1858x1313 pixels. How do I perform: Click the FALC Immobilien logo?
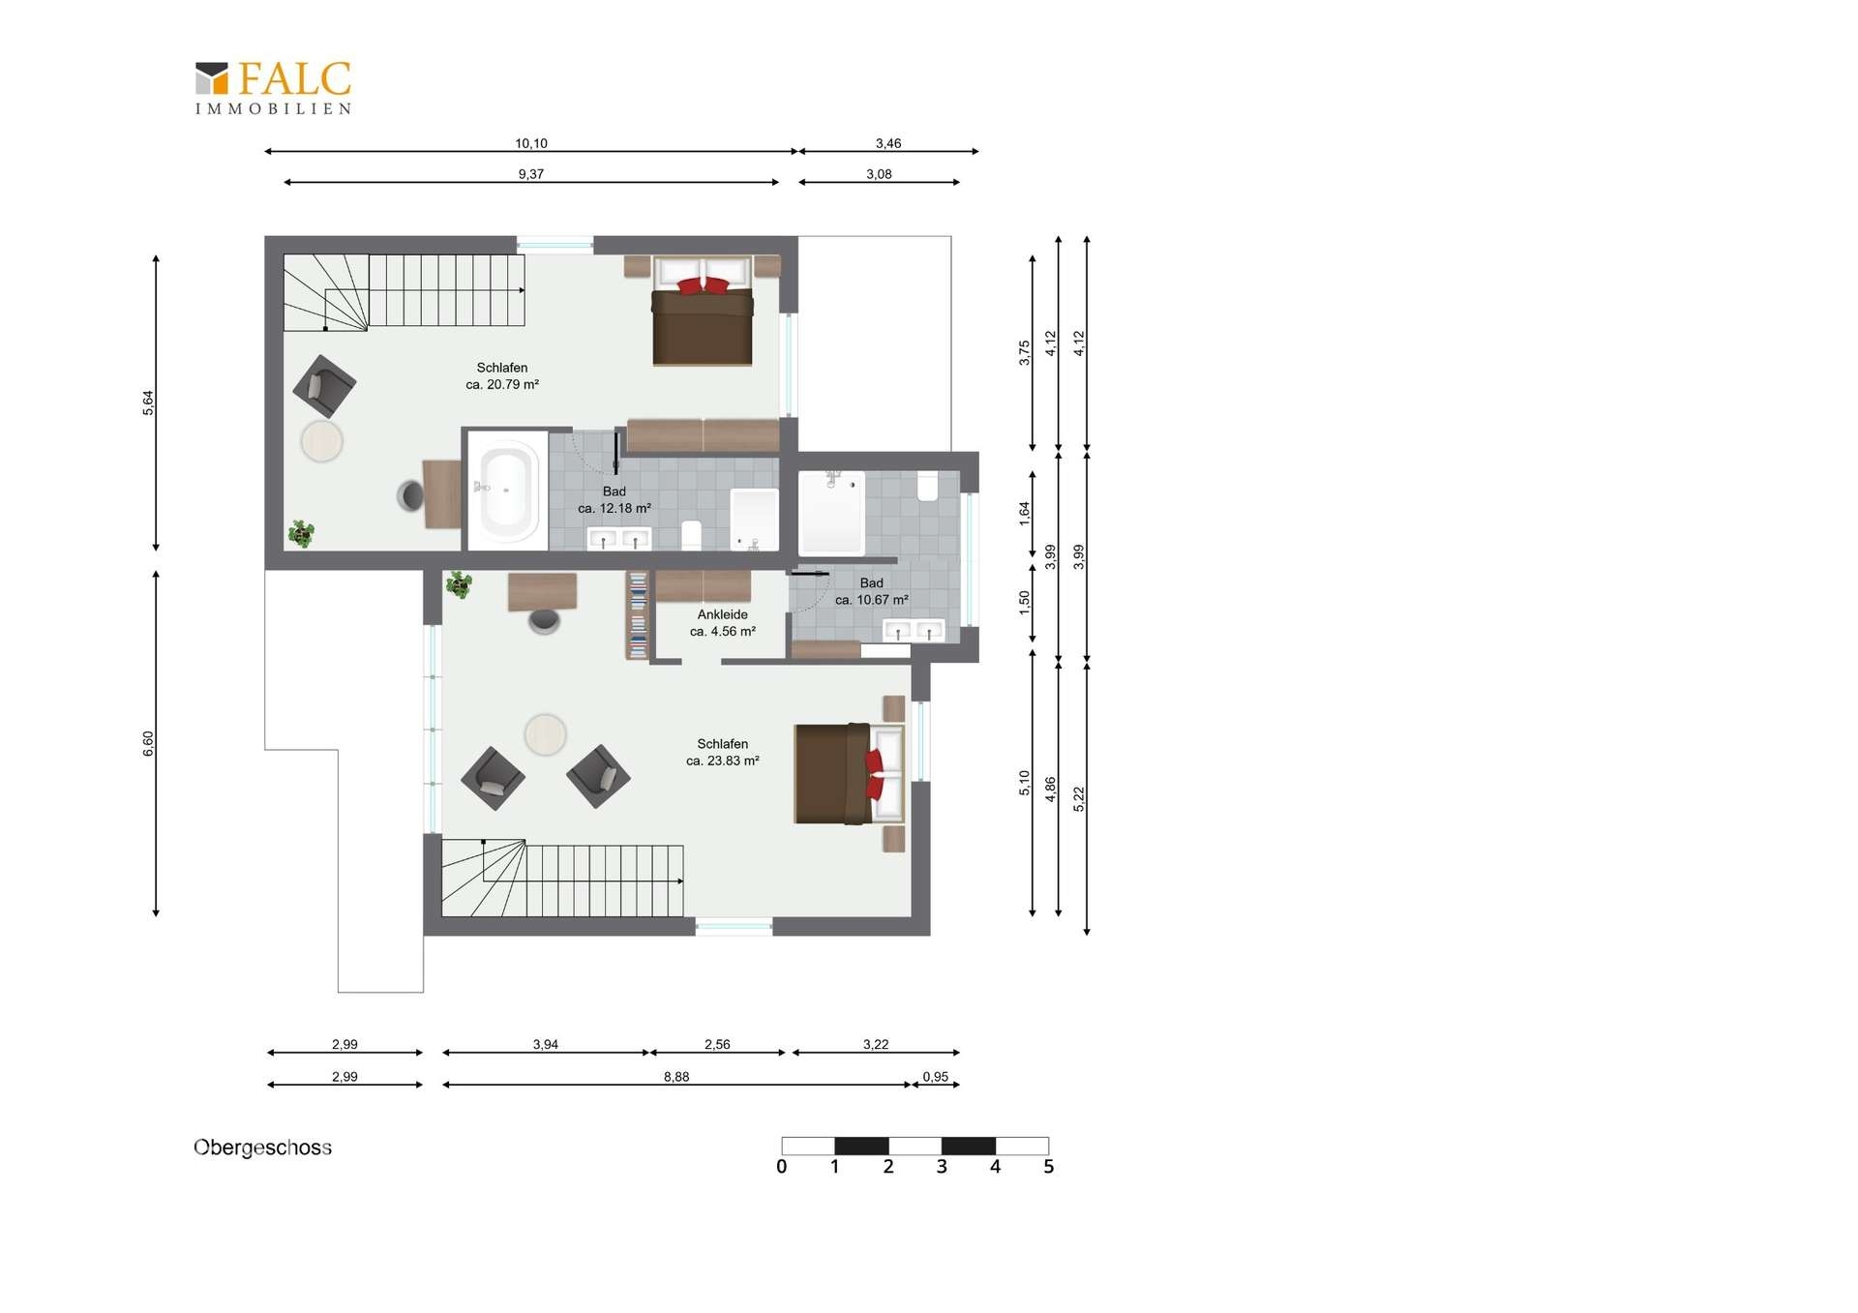pos(273,88)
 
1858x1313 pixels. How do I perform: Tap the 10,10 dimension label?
pos(531,143)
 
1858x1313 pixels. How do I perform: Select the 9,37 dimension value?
pos(531,174)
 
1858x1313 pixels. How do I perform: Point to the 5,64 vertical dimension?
pos(148,403)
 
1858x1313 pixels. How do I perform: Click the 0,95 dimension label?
pos(936,1076)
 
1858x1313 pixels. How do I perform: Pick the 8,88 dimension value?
pos(676,1076)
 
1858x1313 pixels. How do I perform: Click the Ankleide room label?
pos(723,614)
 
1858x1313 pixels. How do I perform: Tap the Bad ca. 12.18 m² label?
pos(614,499)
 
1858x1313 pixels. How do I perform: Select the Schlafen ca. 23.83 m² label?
pos(723,752)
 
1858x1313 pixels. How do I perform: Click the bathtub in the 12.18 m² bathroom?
pos(505,490)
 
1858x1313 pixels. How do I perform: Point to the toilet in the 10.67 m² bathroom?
pos(927,486)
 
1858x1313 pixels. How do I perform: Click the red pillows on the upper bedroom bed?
pos(704,285)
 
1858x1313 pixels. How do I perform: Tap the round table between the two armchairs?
pos(545,734)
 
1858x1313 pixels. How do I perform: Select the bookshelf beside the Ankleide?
pos(638,615)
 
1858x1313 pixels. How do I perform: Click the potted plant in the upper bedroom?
pos(302,533)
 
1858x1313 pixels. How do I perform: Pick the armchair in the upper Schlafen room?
pos(324,386)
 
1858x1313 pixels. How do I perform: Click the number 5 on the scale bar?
pos(1048,1167)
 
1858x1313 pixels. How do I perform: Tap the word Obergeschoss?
pos(262,1148)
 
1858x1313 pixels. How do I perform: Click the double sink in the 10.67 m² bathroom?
pos(914,631)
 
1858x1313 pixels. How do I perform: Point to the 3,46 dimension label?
pos(888,143)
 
